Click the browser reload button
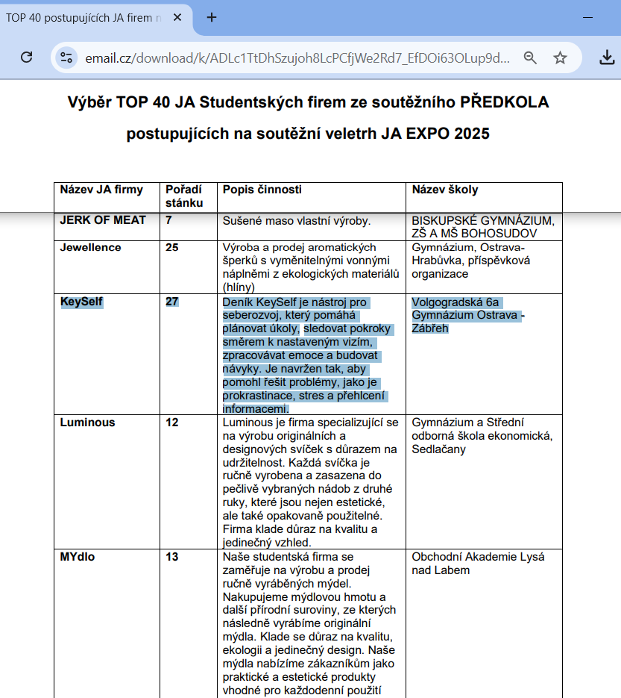point(26,57)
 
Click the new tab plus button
point(212,17)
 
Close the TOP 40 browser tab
point(177,17)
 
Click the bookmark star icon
point(560,57)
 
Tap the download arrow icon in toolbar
point(608,57)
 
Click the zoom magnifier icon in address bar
point(530,57)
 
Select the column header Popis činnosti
point(262,190)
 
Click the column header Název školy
point(445,190)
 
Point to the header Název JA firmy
point(101,190)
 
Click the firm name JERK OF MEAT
point(103,220)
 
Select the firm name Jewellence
point(90,247)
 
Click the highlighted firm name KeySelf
point(81,302)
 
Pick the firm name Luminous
point(87,423)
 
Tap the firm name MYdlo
point(78,557)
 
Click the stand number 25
point(172,247)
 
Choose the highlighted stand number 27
point(172,302)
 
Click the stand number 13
point(172,557)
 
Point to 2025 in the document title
point(469,134)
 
